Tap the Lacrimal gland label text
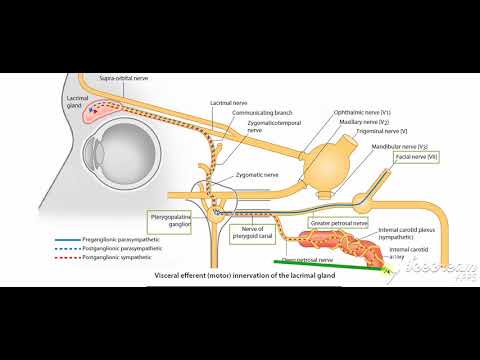(79, 100)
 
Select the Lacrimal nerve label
(224, 102)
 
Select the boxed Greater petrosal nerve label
(339, 222)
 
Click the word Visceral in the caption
(170, 273)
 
